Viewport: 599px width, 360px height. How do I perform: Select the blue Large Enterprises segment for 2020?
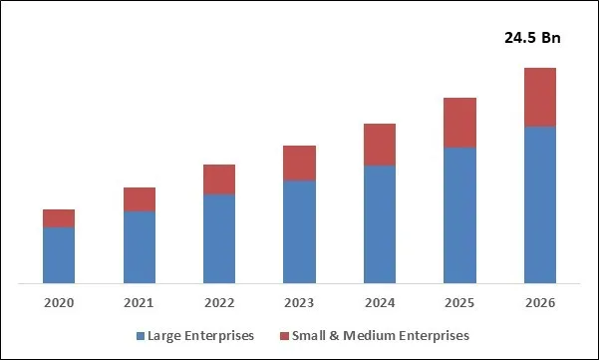tap(59, 255)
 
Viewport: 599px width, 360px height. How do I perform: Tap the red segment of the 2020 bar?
tap(59, 218)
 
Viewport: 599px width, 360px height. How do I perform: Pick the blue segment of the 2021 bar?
tap(140, 247)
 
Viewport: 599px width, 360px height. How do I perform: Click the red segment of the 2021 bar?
tap(140, 199)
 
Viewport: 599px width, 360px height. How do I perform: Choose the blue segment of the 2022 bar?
tap(219, 238)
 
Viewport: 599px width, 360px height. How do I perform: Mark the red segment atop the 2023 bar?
tap(299, 163)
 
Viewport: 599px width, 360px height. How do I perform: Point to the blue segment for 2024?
tap(380, 224)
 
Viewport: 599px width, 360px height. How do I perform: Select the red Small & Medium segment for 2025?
tap(459, 123)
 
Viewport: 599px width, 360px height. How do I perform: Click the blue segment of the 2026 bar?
tap(539, 205)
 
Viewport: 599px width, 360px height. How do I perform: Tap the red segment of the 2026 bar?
tap(539, 97)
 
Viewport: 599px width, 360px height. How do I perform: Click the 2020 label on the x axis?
tap(59, 302)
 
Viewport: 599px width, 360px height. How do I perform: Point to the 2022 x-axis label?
tap(219, 302)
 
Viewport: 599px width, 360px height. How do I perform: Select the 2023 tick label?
tap(299, 302)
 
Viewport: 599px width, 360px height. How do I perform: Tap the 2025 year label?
tap(459, 302)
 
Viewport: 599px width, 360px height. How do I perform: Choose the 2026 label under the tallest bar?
tap(539, 302)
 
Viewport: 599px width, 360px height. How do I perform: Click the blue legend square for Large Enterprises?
tap(140, 336)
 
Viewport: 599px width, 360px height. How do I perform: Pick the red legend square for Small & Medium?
tap(285, 336)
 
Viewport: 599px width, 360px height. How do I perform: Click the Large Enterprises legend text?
tap(200, 336)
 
